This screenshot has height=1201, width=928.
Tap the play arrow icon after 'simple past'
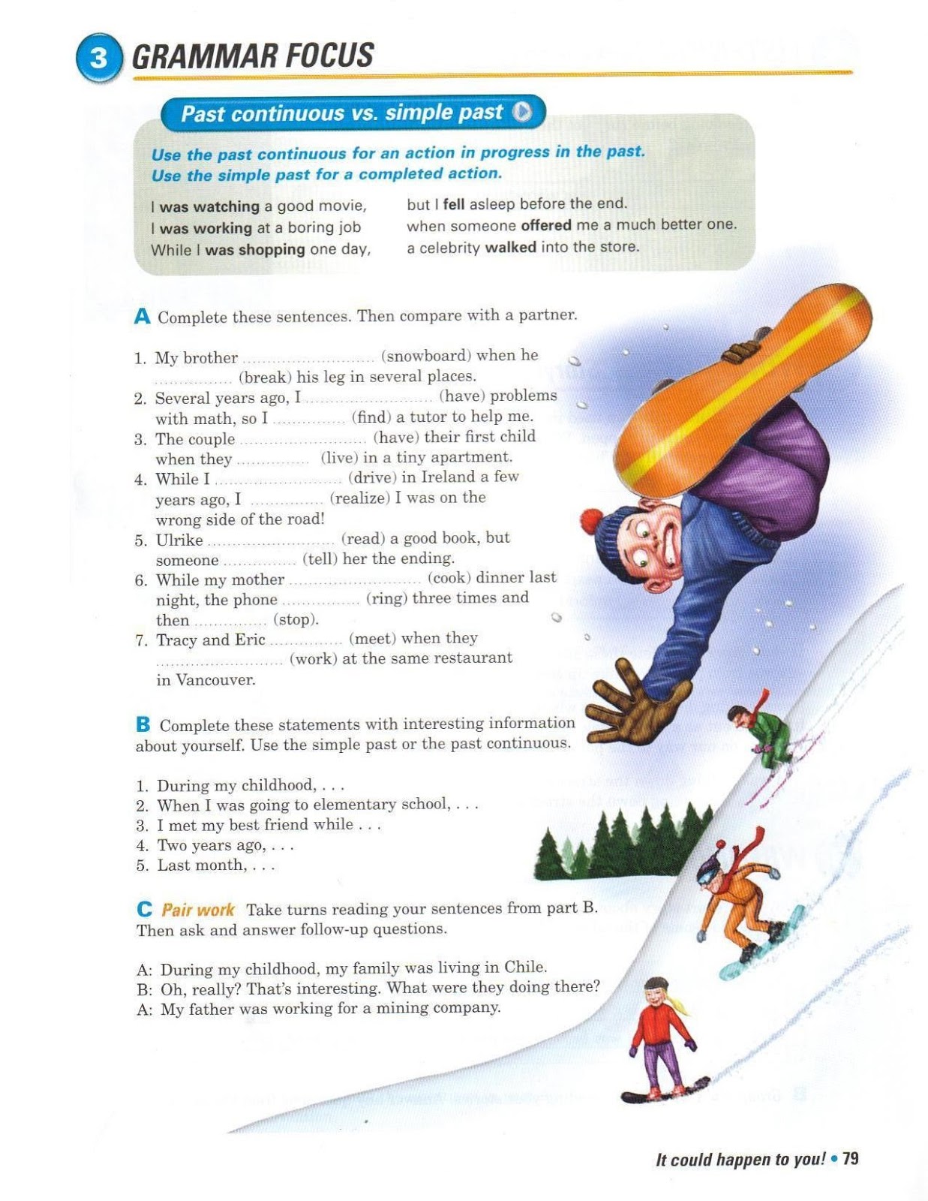522,112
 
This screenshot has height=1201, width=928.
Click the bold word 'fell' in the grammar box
454,204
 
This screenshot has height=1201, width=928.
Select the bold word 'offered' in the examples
546,225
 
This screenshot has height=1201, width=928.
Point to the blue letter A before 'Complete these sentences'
142,317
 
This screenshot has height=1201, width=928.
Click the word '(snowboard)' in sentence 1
425,355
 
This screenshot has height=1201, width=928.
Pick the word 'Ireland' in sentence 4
448,477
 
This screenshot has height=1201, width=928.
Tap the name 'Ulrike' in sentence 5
179,540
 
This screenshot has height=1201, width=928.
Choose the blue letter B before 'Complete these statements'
143,725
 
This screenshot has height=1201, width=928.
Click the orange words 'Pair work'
198,910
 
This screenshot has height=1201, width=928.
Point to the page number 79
850,1159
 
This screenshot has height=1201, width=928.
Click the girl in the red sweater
660,1036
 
